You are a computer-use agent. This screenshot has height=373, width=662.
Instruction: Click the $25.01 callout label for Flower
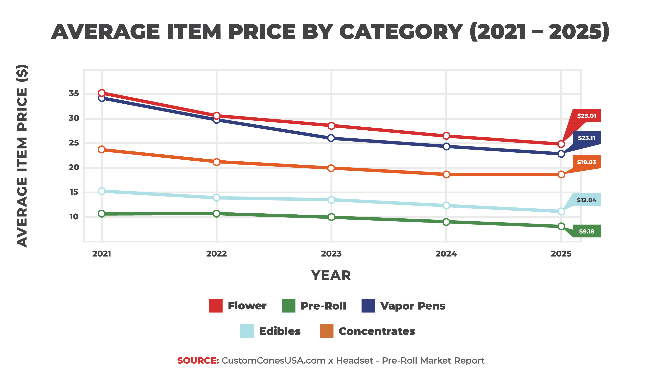[586, 116]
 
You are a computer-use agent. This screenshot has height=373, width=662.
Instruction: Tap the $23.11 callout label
[586, 138]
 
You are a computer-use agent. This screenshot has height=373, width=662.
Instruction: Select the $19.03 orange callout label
[586, 162]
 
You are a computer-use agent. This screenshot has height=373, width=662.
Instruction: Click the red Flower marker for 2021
[102, 93]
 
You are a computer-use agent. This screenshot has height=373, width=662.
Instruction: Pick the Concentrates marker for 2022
[216, 162]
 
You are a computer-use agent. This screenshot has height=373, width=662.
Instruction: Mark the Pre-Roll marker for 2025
[561, 226]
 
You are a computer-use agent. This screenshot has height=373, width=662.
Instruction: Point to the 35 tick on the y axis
[74, 93]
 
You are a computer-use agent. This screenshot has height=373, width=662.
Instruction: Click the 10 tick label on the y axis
[74, 217]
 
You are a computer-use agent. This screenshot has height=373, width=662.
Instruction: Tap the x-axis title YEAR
[331, 275]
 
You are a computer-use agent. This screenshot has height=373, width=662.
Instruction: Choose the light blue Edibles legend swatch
[247, 331]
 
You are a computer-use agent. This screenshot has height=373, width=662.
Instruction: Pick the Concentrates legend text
[377, 331]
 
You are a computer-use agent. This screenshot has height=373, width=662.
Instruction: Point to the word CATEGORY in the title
[401, 32]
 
